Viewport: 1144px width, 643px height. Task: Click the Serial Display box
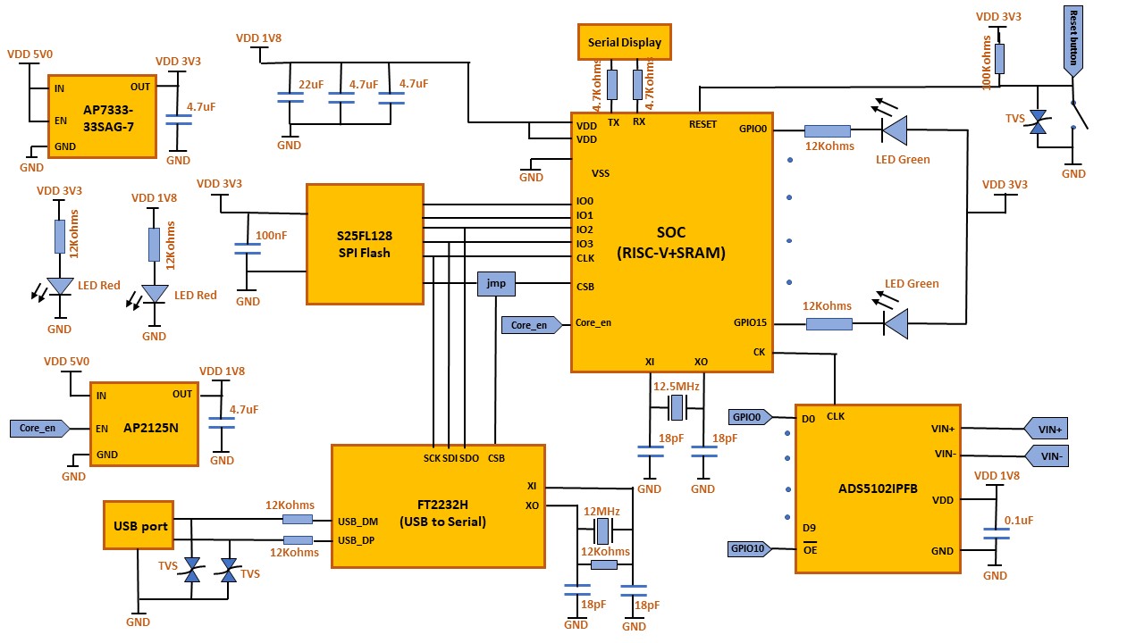625,43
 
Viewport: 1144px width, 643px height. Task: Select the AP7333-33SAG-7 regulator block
102,116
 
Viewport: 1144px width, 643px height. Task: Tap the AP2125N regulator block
143,427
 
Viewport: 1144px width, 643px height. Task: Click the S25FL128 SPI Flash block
365,244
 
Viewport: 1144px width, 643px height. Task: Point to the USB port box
140,526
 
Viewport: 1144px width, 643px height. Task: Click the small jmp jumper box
496,283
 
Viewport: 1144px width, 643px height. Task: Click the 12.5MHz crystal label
677,387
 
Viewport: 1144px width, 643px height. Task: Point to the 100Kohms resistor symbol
999,59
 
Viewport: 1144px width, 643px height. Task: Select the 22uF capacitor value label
311,84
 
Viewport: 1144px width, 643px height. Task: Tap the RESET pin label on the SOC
702,124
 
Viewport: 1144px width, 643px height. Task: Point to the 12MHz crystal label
601,512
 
